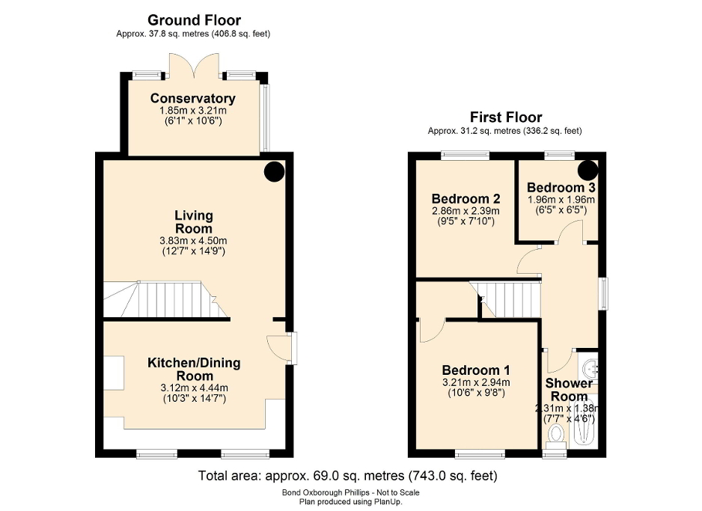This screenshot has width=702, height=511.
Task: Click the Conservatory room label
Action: coord(193,98)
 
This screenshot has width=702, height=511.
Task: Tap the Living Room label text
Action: coord(193,221)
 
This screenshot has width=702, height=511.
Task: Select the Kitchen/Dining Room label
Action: coord(193,369)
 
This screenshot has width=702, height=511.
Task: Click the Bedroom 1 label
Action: coord(475,370)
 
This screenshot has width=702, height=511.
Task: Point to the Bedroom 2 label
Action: coord(466,199)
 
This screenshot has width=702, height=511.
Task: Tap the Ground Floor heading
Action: coord(194,20)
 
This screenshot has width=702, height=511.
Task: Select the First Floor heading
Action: coord(506,117)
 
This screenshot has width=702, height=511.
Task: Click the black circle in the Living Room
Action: coord(274,171)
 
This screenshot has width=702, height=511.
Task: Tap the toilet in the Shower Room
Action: coord(556,434)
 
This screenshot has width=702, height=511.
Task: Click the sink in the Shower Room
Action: coord(590,369)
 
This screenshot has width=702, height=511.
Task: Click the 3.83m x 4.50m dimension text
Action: coord(193,241)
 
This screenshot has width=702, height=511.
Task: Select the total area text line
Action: coord(347,475)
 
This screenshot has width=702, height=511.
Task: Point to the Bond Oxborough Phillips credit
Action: coord(350,492)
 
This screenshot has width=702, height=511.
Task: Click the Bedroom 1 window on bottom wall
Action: coord(480,452)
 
